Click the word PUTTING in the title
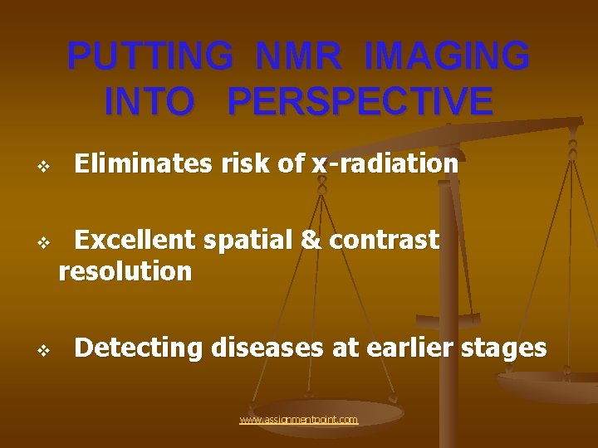coord(150,57)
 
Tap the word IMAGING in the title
coord(447,57)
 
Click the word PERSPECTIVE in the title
coord(360,101)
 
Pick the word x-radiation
coord(385,164)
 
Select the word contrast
coord(384,240)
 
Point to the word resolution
coord(125,271)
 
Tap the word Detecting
coord(139,348)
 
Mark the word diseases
coord(267,348)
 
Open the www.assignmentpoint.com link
coord(299,420)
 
